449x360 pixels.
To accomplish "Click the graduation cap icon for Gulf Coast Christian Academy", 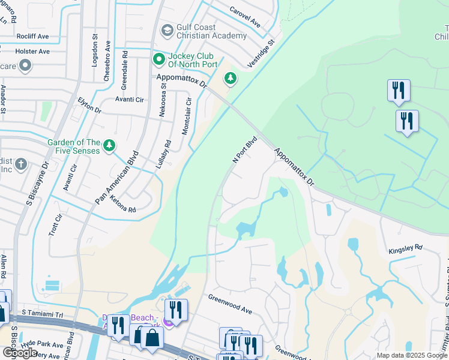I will [x=167, y=30].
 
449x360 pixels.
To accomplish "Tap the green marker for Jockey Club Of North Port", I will [x=158, y=59].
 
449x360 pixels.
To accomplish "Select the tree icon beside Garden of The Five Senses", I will [x=109, y=145].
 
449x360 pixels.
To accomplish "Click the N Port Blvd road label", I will [x=245, y=149].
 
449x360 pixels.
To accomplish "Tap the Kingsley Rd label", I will [x=405, y=247].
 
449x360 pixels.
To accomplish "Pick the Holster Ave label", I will [x=32, y=52].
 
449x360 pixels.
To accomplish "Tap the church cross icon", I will [x=21, y=164].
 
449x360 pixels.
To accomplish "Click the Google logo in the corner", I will [x=20, y=353].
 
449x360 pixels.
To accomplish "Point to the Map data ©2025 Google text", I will [x=411, y=355].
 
